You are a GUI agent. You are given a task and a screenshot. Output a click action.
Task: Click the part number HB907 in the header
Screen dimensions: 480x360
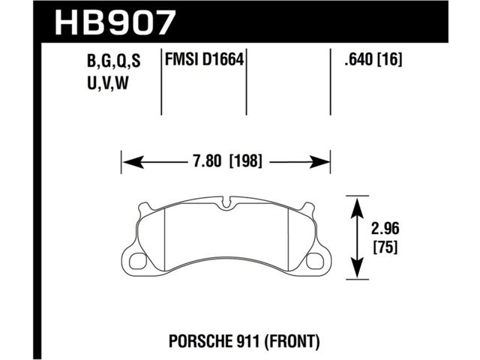click(115, 22)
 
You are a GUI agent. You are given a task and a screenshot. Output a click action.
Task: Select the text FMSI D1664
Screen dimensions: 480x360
click(205, 59)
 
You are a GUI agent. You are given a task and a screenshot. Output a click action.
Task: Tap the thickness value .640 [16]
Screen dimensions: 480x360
click(373, 59)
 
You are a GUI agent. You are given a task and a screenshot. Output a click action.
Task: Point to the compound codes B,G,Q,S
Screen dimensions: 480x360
click(113, 61)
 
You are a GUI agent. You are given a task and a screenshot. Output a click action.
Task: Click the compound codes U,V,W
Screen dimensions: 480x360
click(107, 83)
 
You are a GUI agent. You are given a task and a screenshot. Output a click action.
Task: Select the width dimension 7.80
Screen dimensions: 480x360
click(207, 161)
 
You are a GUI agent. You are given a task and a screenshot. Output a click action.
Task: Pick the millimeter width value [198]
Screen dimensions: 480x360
click(246, 161)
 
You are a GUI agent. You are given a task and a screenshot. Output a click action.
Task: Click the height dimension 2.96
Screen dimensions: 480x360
click(385, 229)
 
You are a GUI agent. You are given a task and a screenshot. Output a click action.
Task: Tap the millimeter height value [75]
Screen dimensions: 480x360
click(385, 247)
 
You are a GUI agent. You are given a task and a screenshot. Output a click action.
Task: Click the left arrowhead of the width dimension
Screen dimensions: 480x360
click(133, 162)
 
